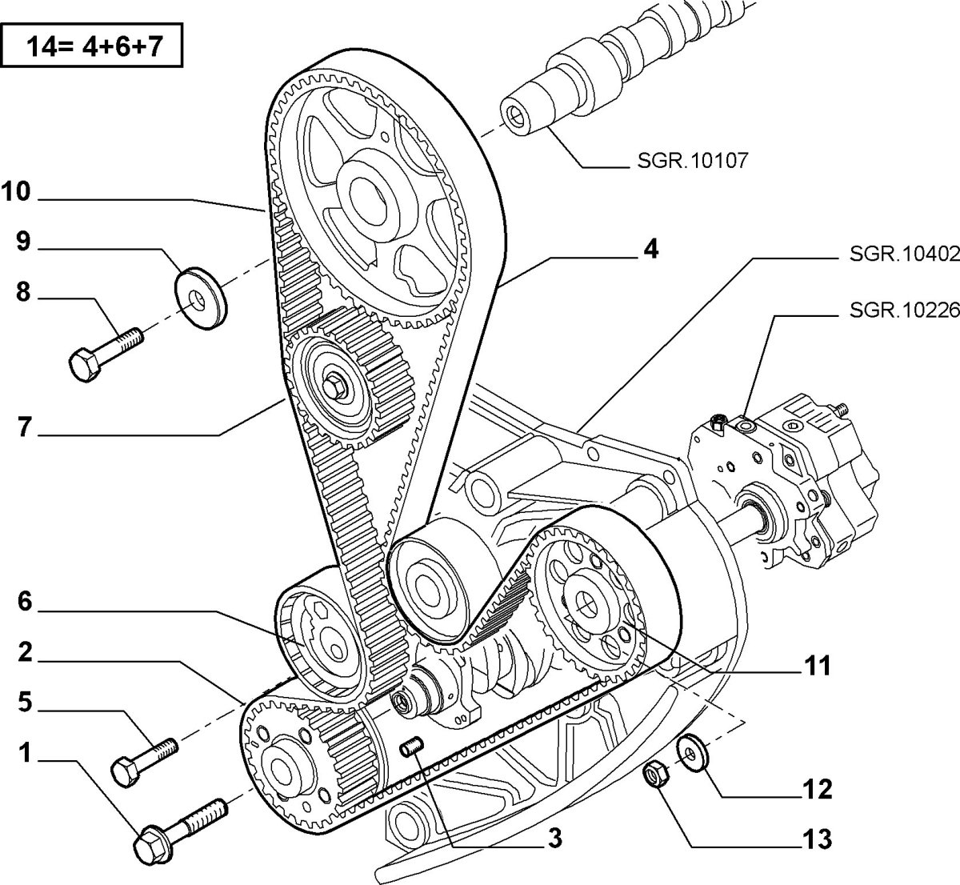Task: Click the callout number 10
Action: tap(15, 191)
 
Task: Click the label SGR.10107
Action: tap(694, 162)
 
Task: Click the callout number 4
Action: tap(651, 250)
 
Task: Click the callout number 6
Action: tap(25, 602)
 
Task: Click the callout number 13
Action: tap(816, 839)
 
